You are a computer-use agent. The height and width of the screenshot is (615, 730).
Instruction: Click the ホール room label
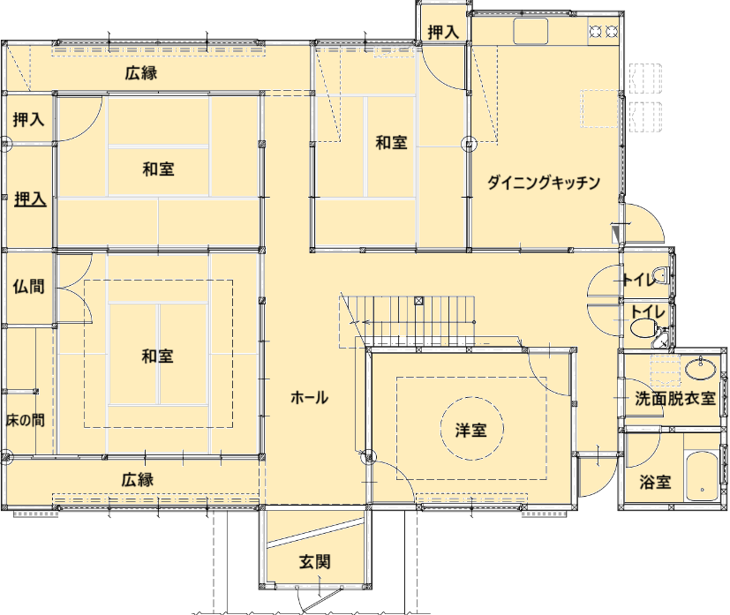click(309, 398)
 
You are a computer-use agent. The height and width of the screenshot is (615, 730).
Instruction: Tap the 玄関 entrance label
click(315, 562)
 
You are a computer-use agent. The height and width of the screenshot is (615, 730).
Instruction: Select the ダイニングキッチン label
click(544, 182)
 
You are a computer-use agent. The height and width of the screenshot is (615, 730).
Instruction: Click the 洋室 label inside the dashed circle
click(471, 431)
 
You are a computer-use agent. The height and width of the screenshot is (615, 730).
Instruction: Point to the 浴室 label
click(655, 482)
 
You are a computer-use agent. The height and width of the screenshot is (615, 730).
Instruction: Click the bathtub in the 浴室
click(702, 476)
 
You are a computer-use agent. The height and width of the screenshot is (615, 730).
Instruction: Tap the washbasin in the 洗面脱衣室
click(700, 369)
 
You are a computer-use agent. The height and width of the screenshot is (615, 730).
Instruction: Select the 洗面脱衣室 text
click(675, 399)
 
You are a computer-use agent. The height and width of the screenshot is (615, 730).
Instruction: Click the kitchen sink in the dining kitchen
click(531, 31)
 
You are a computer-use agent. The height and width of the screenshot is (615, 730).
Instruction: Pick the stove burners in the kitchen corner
click(604, 31)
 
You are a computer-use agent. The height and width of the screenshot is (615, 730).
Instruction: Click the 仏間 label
click(29, 286)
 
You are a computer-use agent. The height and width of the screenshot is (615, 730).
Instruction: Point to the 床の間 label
click(25, 420)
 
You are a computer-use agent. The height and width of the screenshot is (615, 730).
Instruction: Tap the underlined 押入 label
click(30, 199)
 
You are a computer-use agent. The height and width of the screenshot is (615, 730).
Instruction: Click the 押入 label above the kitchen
click(443, 32)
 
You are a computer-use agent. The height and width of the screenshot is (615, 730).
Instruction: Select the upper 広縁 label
click(141, 73)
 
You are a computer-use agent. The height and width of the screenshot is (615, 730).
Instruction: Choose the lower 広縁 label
click(138, 480)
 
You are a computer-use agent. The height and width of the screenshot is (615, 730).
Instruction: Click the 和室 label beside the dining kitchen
click(392, 142)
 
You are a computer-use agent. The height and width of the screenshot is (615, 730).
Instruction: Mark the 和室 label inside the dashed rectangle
click(157, 356)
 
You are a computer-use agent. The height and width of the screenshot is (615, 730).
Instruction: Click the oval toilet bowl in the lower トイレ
click(642, 327)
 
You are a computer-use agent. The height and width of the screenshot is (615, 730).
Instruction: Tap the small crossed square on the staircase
click(419, 301)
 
